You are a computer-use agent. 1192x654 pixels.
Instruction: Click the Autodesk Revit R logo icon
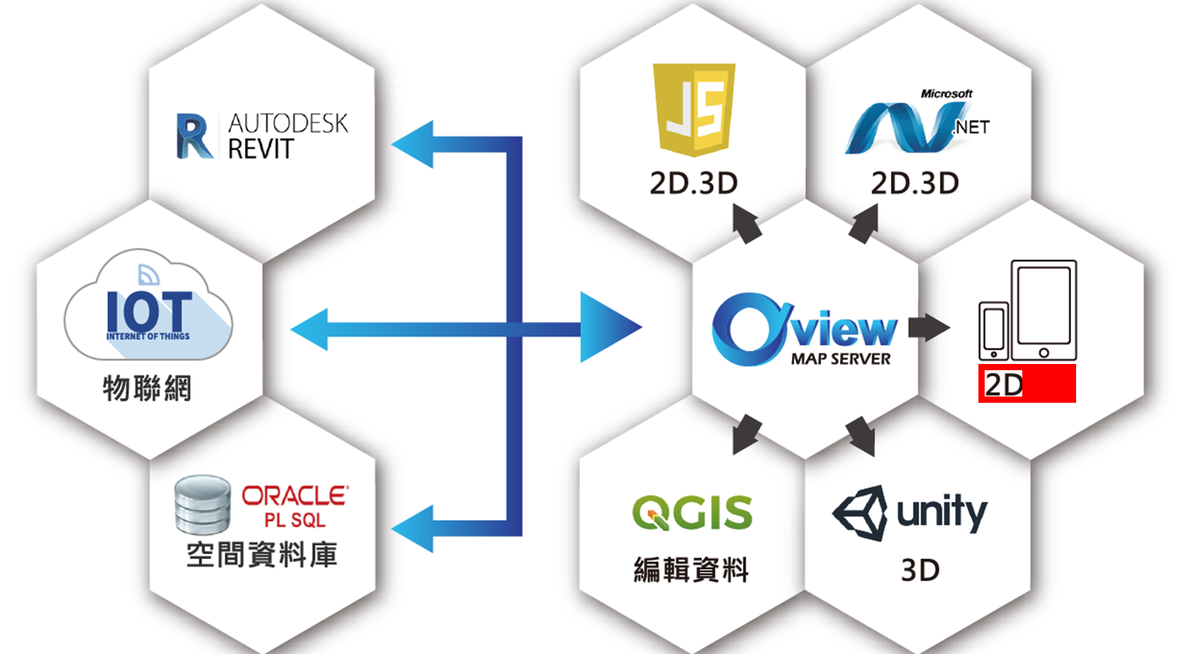pyautogui.click(x=194, y=136)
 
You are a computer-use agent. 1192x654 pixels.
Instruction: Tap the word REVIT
pyautogui.click(x=261, y=149)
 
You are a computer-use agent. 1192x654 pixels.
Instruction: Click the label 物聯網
pyautogui.click(x=147, y=388)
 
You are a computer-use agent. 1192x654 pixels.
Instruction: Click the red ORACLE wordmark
pyautogui.click(x=294, y=496)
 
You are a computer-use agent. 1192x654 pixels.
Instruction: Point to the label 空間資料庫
pyautogui.click(x=262, y=554)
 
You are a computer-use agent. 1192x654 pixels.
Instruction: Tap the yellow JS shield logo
pyautogui.click(x=694, y=108)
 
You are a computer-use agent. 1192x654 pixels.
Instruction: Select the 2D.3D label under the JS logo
pyautogui.click(x=694, y=183)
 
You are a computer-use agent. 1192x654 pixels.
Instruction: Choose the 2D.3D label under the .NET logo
pyautogui.click(x=915, y=183)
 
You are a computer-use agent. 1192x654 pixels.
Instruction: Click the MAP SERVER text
pyautogui.click(x=841, y=359)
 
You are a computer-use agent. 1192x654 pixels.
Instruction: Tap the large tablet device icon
pyautogui.click(x=1044, y=310)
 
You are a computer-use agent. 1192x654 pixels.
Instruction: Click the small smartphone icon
pyautogui.click(x=993, y=331)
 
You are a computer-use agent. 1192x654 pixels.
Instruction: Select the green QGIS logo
pyautogui.click(x=692, y=512)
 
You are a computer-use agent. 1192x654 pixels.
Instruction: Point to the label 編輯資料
pyautogui.click(x=692, y=569)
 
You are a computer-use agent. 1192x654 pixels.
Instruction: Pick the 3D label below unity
pyautogui.click(x=920, y=570)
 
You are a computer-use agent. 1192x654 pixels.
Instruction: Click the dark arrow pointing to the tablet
pyautogui.click(x=928, y=327)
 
